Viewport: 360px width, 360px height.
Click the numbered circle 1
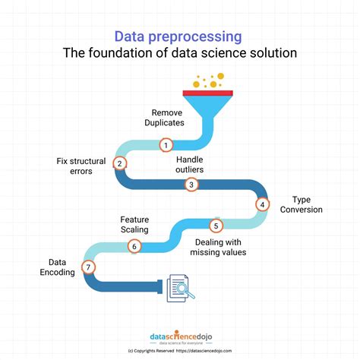[166, 144]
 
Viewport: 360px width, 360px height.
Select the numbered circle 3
[192, 185]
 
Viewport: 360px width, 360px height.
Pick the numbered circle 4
[262, 204]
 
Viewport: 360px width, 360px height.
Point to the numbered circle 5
[216, 225]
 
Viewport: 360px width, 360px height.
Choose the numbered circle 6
[134, 245]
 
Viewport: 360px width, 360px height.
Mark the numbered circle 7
[89, 267]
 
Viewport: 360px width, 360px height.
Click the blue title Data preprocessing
[179, 36]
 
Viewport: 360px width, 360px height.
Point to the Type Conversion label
[301, 204]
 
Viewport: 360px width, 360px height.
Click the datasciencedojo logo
[179, 334]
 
